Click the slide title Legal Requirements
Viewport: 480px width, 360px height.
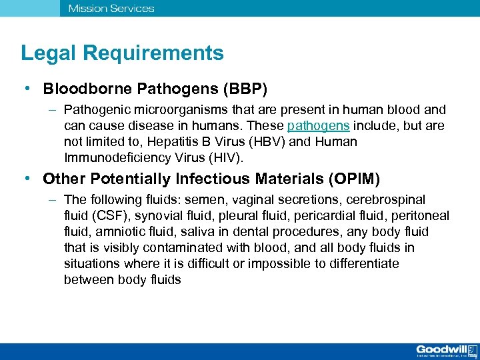point(122,53)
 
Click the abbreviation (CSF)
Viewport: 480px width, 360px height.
point(106,216)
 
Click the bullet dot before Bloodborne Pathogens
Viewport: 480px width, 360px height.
point(25,89)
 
